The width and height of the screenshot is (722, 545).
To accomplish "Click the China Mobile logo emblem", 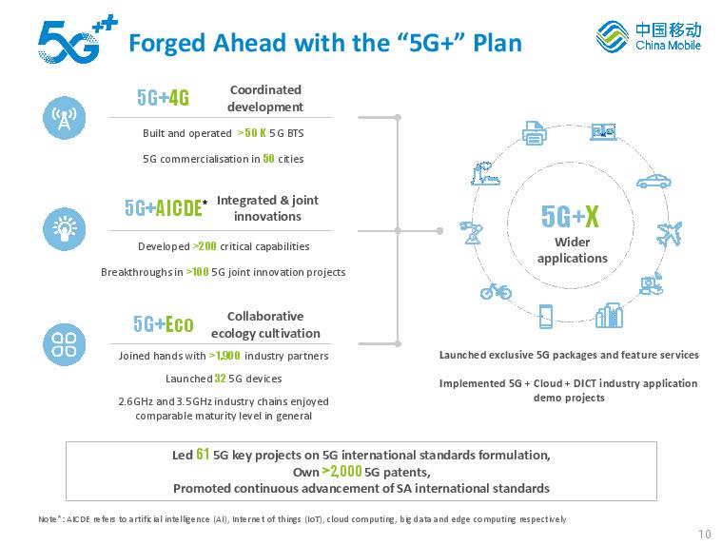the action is pyautogui.click(x=612, y=36).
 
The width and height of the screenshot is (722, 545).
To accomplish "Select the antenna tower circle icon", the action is pyautogui.click(x=64, y=117).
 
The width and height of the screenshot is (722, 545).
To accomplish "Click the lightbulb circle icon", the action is pyautogui.click(x=64, y=229).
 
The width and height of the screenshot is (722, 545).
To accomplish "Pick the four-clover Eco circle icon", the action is pyautogui.click(x=64, y=344).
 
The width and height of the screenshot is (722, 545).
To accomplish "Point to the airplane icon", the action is pyautogui.click(x=669, y=233).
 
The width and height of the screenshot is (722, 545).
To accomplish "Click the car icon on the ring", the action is pyautogui.click(x=654, y=181).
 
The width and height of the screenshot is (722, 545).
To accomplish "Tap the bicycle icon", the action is pyautogui.click(x=496, y=291).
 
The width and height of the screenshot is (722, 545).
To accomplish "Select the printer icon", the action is pyautogui.click(x=535, y=133).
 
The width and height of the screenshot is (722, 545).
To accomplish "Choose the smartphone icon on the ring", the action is pyautogui.click(x=546, y=316).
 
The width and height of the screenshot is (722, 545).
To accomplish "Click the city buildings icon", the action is pyautogui.click(x=609, y=316).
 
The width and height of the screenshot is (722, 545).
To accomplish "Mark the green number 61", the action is pyautogui.click(x=203, y=454).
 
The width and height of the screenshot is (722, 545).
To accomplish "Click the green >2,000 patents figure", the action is pyautogui.click(x=341, y=471).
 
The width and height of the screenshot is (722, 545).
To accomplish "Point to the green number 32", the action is pyautogui.click(x=220, y=379).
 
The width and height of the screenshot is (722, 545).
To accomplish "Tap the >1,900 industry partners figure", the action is pyautogui.click(x=224, y=356).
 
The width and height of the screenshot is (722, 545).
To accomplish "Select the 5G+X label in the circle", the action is pyautogui.click(x=570, y=216).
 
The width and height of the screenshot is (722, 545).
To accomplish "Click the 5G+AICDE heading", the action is pyautogui.click(x=163, y=208).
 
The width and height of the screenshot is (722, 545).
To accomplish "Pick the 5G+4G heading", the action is pyautogui.click(x=163, y=98).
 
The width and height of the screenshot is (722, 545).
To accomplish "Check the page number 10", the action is pyautogui.click(x=705, y=534).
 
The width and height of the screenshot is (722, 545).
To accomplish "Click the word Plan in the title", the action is pyautogui.click(x=498, y=43).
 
